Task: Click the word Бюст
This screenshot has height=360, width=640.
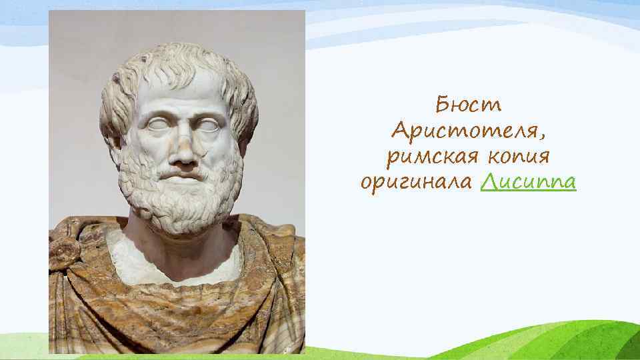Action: click(x=468, y=105)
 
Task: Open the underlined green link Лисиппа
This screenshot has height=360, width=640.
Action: click(x=527, y=182)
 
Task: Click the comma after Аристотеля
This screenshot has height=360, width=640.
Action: click(x=547, y=137)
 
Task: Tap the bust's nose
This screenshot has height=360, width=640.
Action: click(x=183, y=149)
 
